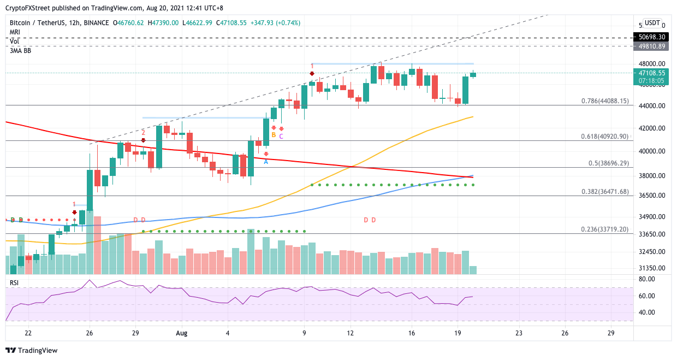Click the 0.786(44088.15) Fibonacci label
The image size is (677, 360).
tap(604, 101)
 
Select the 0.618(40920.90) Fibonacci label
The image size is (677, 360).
tap(604, 137)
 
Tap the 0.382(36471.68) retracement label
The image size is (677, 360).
tap(604, 192)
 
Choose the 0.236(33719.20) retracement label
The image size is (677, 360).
tap(604, 229)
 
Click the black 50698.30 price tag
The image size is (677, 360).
tap(650, 37)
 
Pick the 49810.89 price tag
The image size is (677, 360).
tap(650, 46)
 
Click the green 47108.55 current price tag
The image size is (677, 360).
tap(650, 72)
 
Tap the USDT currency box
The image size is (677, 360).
tap(652, 23)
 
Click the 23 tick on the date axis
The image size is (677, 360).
tap(519, 332)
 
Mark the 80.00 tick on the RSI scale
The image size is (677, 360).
tap(646, 279)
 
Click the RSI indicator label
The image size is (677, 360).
tap(15, 282)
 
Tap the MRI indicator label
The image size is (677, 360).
tap(15, 32)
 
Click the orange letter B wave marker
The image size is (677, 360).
tap(274, 135)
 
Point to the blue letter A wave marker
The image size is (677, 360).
tap(266, 162)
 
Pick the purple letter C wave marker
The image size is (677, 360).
tap(281, 136)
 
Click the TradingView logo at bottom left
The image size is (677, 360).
tap(32, 350)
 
